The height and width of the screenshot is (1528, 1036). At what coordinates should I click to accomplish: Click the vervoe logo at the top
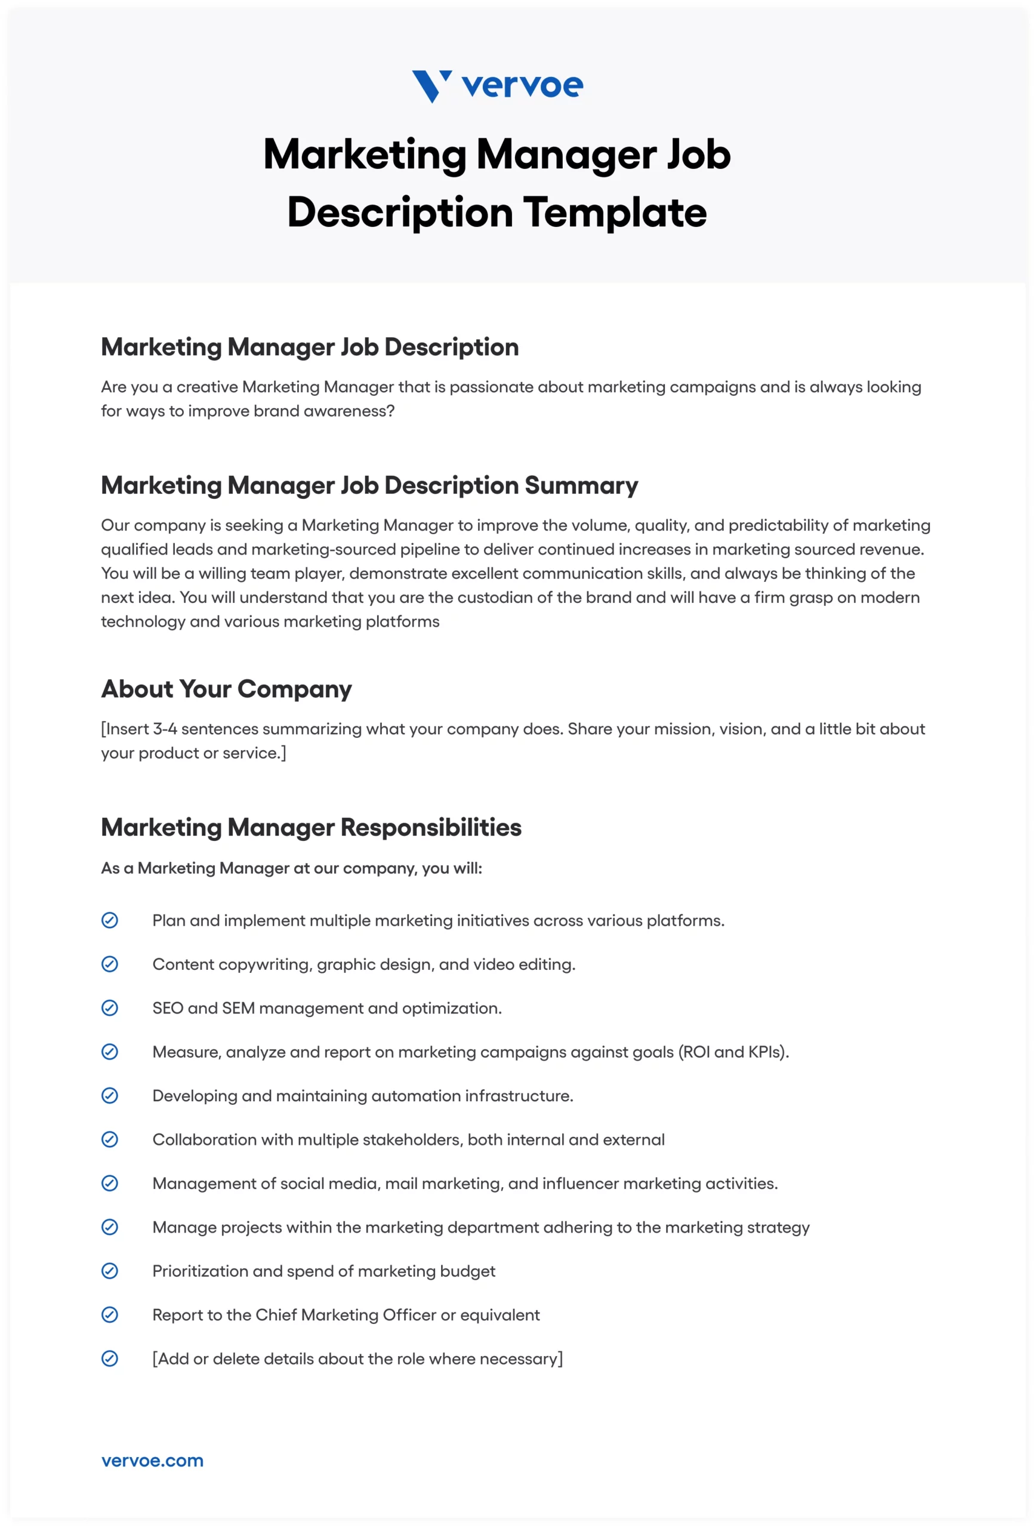[x=497, y=86]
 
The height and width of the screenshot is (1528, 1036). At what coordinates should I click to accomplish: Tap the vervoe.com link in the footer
[x=153, y=1461]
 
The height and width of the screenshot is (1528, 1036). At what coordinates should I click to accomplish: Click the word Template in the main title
[x=615, y=212]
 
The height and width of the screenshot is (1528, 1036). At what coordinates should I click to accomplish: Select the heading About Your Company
[x=226, y=689]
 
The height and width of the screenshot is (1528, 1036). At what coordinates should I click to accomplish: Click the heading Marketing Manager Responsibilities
[x=311, y=827]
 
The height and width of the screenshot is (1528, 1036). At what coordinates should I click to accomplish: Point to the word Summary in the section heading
[x=581, y=485]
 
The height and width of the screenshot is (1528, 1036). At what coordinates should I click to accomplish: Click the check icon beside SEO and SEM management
[x=110, y=1008]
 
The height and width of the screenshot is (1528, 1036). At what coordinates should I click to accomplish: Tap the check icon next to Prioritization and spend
[x=110, y=1271]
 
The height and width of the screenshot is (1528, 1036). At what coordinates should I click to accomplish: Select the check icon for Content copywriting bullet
[x=110, y=964]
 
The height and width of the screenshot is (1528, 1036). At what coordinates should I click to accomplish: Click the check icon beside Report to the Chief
[x=110, y=1315]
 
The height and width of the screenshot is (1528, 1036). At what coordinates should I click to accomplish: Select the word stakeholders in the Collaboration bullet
[x=421, y=1139]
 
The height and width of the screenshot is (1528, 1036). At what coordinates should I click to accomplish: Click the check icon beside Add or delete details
[x=110, y=1358]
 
